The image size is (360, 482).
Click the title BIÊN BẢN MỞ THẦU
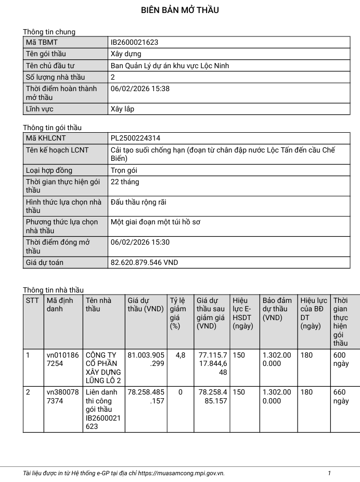[x=180, y=10]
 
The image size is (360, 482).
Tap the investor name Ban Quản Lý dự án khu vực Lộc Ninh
[x=170, y=66]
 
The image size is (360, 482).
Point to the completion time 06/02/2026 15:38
[x=140, y=88]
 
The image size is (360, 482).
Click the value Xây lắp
[x=122, y=109]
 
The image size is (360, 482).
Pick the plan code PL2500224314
[x=135, y=138]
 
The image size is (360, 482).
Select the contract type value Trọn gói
[x=124, y=170]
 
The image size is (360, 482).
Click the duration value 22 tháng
[x=125, y=182]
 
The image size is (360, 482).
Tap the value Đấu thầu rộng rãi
[x=138, y=202]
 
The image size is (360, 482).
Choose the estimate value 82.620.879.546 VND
[x=144, y=262]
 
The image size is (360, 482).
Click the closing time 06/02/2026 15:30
[x=140, y=242]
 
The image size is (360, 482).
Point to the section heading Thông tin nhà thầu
[x=53, y=290]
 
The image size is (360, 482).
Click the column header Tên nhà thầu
[x=98, y=305]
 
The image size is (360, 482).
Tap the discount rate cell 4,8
[x=181, y=355]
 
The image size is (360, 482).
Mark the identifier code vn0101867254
[x=62, y=359]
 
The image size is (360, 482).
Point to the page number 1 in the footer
[x=329, y=473]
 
